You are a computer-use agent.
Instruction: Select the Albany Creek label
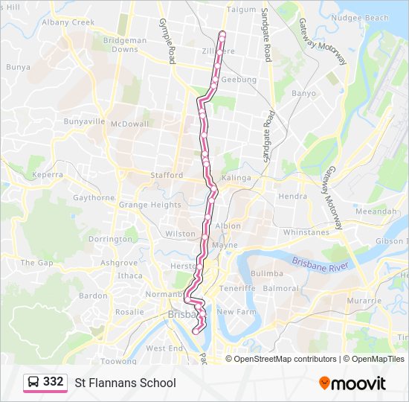point(68,22)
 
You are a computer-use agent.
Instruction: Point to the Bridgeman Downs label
point(125,45)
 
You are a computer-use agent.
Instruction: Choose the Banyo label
point(303,94)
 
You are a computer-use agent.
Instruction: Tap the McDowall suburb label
point(129,124)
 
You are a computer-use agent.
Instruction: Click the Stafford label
point(166,175)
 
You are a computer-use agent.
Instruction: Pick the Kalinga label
point(236,178)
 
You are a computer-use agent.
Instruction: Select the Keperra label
point(48,175)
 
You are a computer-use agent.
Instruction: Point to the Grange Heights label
point(149,205)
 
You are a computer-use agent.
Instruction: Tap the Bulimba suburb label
point(268,274)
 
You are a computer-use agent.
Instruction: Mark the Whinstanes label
point(306,232)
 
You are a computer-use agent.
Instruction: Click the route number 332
point(54,381)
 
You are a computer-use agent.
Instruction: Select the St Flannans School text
point(125,383)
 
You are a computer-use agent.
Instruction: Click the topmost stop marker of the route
point(222,33)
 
